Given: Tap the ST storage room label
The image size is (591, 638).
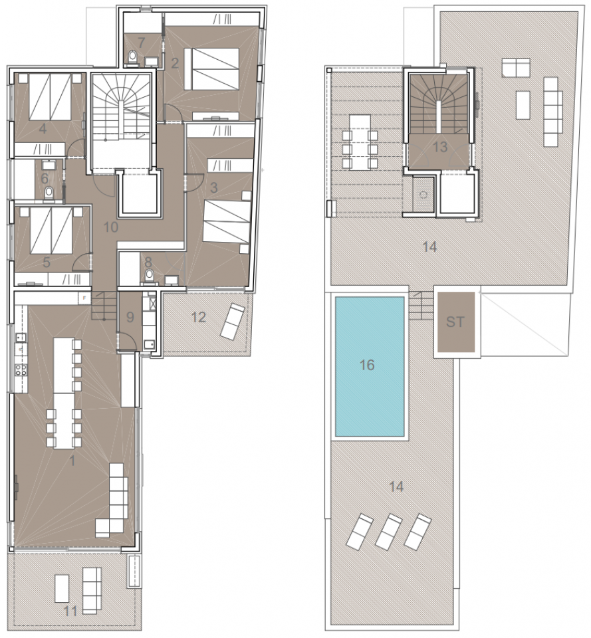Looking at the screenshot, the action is (x=455, y=322).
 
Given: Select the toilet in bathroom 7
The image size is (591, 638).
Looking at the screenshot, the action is (x=132, y=57).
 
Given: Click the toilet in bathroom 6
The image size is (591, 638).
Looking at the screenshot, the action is (x=49, y=193).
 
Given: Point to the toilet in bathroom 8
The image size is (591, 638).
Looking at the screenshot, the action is (x=150, y=274).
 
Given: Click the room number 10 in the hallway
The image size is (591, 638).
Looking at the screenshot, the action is (x=111, y=227).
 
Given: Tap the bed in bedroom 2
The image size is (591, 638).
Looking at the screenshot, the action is (x=211, y=68).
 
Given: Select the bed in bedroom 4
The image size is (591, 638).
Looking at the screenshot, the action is (x=50, y=96).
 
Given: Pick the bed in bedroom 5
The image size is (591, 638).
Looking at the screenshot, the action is (x=51, y=230).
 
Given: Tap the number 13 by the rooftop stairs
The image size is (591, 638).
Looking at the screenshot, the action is (x=440, y=146).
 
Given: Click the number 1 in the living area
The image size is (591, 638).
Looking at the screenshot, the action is (x=73, y=461).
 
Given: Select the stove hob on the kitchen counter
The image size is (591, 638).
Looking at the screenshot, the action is (x=21, y=370).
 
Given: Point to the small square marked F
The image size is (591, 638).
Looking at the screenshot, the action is (x=84, y=298).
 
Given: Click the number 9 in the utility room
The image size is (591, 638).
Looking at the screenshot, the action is (x=130, y=317).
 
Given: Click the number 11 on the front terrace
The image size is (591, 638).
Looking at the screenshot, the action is (x=71, y=611).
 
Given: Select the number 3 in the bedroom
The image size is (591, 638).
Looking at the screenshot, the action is (x=213, y=187).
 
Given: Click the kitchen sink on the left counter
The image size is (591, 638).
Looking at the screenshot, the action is (x=21, y=337).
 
